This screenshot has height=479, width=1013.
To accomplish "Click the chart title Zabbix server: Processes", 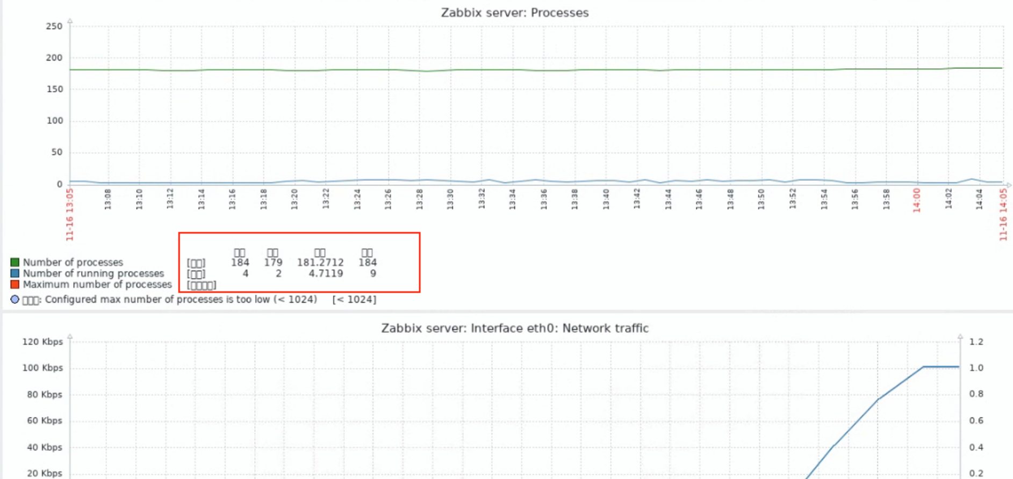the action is click(x=514, y=13).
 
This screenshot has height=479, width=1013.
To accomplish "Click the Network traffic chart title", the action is click(x=514, y=328).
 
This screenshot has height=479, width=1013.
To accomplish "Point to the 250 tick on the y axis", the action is click(x=54, y=26).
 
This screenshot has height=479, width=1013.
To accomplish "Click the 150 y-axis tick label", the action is click(x=54, y=89).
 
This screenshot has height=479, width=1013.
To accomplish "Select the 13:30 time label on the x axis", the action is click(x=450, y=199).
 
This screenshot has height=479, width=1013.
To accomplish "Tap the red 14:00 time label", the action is click(x=917, y=200).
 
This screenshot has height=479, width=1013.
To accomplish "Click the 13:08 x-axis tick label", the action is click(x=108, y=199).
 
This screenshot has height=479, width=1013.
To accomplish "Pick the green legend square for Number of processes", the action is click(x=15, y=262).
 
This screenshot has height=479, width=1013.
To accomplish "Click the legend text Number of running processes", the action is click(x=93, y=273).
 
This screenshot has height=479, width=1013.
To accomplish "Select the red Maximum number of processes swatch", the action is click(x=15, y=284).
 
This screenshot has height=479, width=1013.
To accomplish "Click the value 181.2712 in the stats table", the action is click(x=320, y=263).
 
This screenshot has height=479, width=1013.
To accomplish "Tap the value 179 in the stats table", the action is click(x=273, y=263).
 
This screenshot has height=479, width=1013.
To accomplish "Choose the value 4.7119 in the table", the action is click(x=326, y=273).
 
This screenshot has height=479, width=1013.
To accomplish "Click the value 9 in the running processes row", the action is click(x=373, y=273).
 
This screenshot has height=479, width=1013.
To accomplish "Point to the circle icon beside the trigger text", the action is click(x=15, y=299).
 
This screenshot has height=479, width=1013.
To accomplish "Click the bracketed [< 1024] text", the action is click(x=354, y=300).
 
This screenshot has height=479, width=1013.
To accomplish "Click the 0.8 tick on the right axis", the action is click(x=976, y=394).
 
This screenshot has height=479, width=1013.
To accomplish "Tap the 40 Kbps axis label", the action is click(x=45, y=447).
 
